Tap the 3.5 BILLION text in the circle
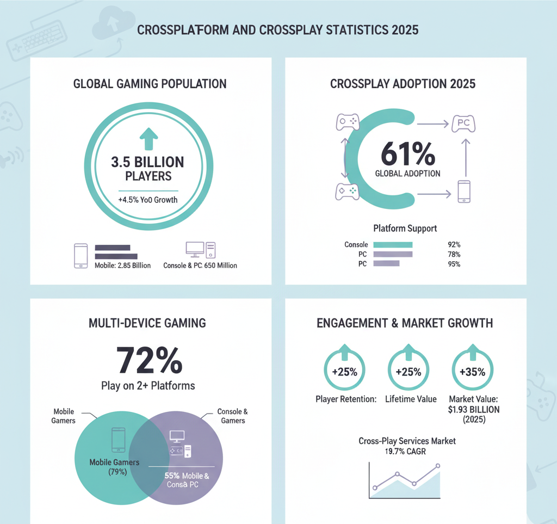[147, 162]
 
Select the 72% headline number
[148, 360]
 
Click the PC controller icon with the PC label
[463, 124]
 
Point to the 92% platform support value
[454, 245]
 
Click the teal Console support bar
[393, 245]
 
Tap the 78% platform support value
[454, 255]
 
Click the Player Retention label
[346, 399]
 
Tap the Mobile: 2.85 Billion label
[123, 266]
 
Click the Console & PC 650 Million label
[200, 266]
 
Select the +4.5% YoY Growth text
[147, 200]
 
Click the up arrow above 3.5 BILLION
[147, 138]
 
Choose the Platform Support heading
[405, 228]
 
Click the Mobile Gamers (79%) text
[114, 467]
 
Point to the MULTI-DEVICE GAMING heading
[147, 323]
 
